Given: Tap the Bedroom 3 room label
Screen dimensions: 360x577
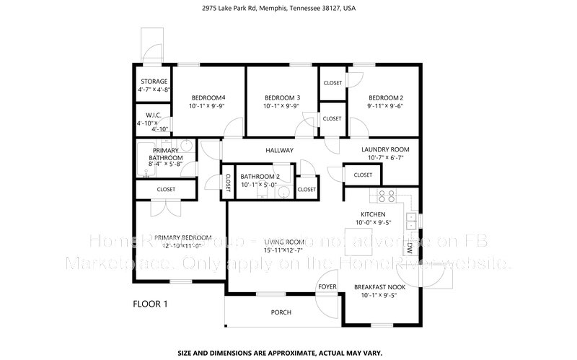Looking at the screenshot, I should pos(282,97).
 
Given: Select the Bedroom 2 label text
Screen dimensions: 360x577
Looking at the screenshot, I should pos(386,97).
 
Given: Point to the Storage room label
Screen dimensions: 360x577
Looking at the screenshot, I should pos(154,82).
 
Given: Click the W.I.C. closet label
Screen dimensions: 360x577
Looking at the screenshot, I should pos(153,115).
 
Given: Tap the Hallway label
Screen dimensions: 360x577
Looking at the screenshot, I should pos(279,150).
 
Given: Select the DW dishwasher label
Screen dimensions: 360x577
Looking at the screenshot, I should pos(409,247).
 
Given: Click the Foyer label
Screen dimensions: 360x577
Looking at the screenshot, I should pos(327,287).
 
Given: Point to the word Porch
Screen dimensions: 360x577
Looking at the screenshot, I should pos(281,312).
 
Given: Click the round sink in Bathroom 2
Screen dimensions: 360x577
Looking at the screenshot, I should pos(283,193).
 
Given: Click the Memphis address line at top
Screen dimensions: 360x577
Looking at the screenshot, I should pos(288,9).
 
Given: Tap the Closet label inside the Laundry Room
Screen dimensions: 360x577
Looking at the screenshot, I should pos(363,175).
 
